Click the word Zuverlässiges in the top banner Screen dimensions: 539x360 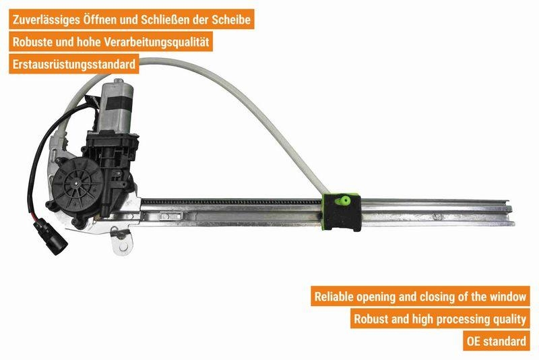pyautogui.click(x=46, y=20)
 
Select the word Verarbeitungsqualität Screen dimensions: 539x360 pyautogui.click(x=156, y=42)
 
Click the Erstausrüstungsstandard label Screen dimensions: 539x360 pyautogui.click(x=74, y=64)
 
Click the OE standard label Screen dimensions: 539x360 pyautogui.click(x=496, y=341)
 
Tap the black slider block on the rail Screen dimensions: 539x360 pyautogui.click(x=342, y=212)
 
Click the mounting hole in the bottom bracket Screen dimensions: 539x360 pyautogui.click(x=123, y=247)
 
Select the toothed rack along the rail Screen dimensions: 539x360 pyautogui.click(x=232, y=202)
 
